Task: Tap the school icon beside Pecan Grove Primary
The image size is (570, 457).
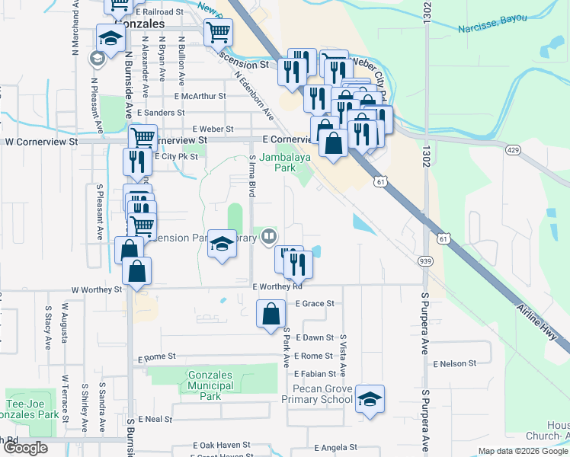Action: [370, 399]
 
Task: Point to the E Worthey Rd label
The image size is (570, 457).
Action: [277, 287]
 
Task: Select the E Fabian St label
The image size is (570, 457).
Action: [315, 374]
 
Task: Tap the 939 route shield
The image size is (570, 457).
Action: [425, 261]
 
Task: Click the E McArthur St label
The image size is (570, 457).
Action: [200, 97]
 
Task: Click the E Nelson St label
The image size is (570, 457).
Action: [454, 364]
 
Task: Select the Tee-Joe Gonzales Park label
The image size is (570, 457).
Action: [30, 410]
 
